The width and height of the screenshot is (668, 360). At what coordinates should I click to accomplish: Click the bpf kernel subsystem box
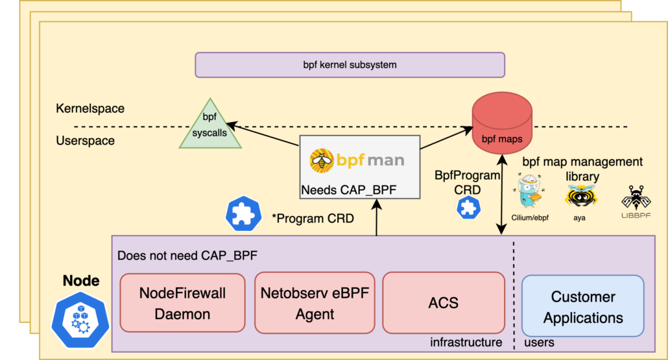coord(350,65)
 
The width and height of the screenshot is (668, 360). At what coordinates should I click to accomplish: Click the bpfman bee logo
coord(320,159)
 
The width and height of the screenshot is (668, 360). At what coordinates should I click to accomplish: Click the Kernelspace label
coord(90,108)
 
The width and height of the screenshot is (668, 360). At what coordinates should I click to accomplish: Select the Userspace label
coord(85,141)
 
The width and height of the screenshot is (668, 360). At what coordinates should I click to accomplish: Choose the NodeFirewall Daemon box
coord(182,303)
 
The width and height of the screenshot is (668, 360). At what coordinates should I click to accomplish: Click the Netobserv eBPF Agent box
coord(315,303)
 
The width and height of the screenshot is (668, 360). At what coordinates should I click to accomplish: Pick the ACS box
coord(443,303)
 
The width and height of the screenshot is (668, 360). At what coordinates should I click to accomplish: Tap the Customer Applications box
coord(582,307)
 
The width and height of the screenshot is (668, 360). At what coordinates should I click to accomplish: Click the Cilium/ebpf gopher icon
coord(530,195)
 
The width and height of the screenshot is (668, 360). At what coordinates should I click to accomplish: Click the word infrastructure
coord(466,342)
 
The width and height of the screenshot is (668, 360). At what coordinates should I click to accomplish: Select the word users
coord(538,342)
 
